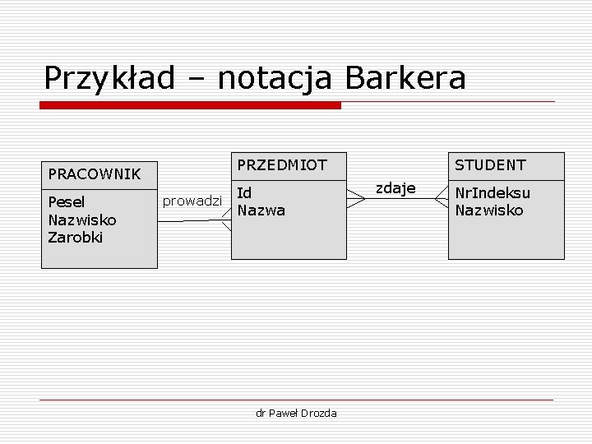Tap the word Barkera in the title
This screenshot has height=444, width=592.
point(405,78)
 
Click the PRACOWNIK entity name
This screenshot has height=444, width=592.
point(95,173)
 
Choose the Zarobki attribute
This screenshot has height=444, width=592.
point(75,238)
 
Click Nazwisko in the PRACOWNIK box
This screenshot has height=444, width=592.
point(82,220)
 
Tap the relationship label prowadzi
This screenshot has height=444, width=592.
point(192,201)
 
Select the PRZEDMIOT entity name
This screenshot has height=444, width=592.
point(282,164)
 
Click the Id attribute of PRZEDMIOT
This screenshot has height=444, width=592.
point(244,192)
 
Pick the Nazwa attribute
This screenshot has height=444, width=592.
point(261,210)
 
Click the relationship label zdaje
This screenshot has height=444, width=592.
point(395,188)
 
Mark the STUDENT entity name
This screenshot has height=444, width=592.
point(490,164)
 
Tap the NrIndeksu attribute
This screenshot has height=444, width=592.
point(493,192)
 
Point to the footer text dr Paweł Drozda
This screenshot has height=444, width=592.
point(296,413)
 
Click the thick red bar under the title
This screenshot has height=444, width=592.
point(191,105)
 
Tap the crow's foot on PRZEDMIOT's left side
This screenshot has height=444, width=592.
point(225,220)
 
